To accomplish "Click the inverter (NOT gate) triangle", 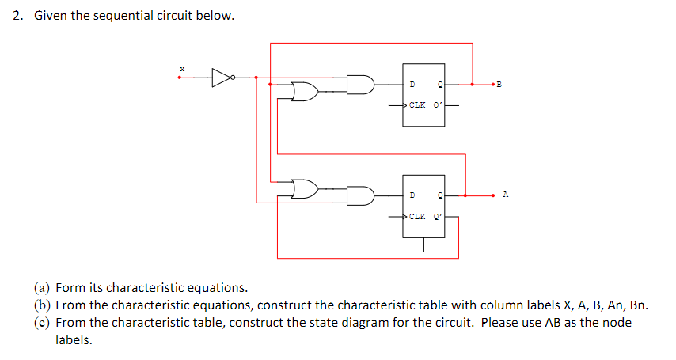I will point(222,77).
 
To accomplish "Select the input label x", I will point(182,69).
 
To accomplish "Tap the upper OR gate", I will point(305,92).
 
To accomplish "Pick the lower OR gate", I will point(305,189).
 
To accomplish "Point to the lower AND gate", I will point(361,195).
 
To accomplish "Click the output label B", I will point(499,84).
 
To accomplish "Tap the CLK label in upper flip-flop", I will point(417,104).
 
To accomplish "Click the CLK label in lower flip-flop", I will point(417,216).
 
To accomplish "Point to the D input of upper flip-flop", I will point(412,84).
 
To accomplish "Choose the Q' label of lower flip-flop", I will point(438,216).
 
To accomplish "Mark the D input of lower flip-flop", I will point(412,195).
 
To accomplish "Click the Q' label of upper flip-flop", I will point(438,104).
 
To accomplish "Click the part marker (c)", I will point(41,323).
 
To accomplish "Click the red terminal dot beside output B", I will point(492,84).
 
